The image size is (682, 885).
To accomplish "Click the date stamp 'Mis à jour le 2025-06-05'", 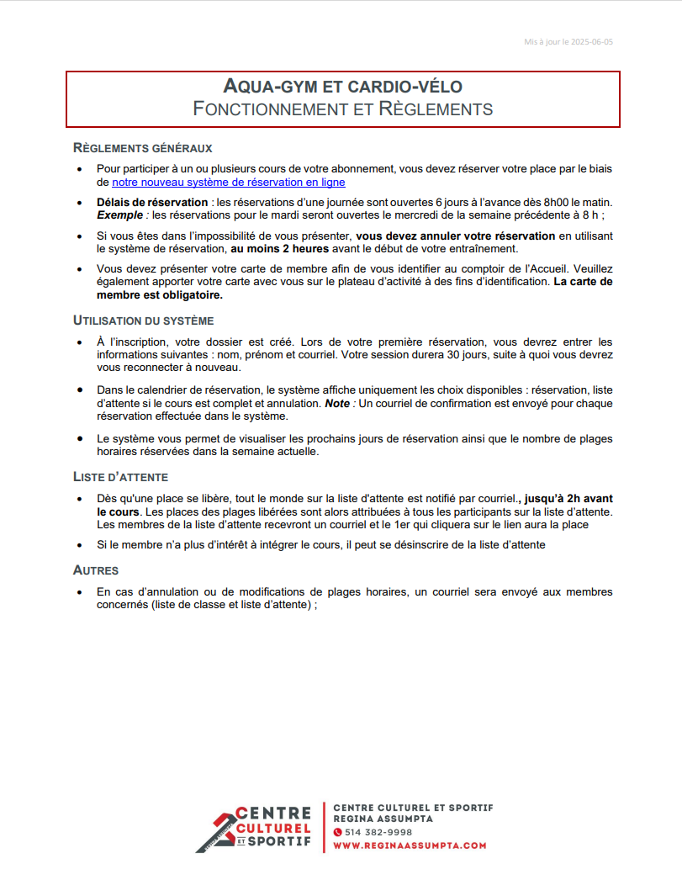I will pos(568,41).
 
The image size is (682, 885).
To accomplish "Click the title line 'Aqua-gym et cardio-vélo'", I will pos(342,86).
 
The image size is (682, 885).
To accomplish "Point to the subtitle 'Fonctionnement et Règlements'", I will pos(342,109).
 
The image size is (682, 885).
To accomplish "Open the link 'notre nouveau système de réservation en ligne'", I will pos(229,182).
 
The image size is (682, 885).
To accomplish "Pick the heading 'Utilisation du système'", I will pos(144,321).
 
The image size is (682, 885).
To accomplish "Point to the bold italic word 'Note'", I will pos(337,403).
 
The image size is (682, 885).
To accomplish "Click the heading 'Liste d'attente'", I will pos(121,477).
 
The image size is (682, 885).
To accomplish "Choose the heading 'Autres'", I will pos(96,570).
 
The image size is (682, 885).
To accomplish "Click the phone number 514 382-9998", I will pos(378,832).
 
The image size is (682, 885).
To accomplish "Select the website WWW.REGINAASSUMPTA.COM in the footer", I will pos(410,845).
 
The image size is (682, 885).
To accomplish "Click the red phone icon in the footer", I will pos(338,832).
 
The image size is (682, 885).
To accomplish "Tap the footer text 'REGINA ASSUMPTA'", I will pos(383,819).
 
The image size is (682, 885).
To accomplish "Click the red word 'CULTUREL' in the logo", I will pos(273,828).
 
